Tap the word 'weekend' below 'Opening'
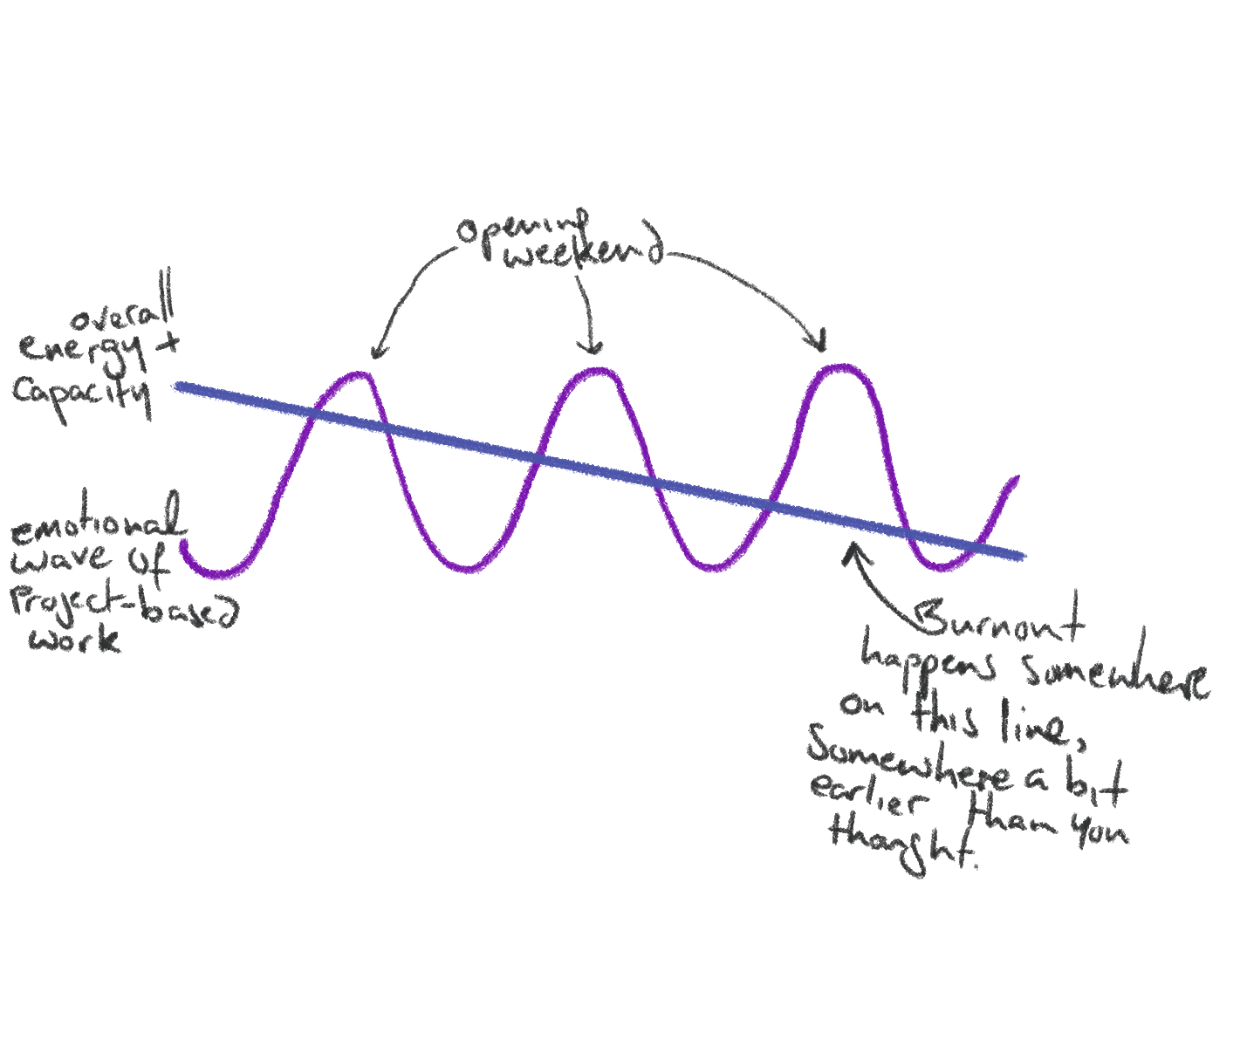(583, 255)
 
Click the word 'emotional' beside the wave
(98, 523)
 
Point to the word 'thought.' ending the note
(903, 845)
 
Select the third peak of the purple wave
(840, 368)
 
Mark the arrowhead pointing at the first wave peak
(377, 352)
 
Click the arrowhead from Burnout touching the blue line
(850, 551)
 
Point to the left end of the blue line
(178, 387)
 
